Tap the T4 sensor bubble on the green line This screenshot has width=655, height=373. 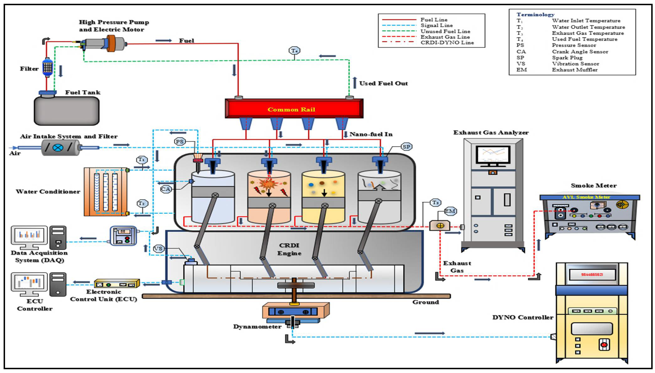point(294,51)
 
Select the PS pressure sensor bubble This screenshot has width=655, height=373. point(179,141)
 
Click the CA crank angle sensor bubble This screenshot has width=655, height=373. point(166,189)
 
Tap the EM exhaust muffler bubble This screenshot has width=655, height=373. point(450,211)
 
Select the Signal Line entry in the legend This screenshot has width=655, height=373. point(437,25)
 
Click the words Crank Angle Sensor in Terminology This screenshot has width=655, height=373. point(580,51)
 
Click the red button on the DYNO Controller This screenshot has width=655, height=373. point(604,345)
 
